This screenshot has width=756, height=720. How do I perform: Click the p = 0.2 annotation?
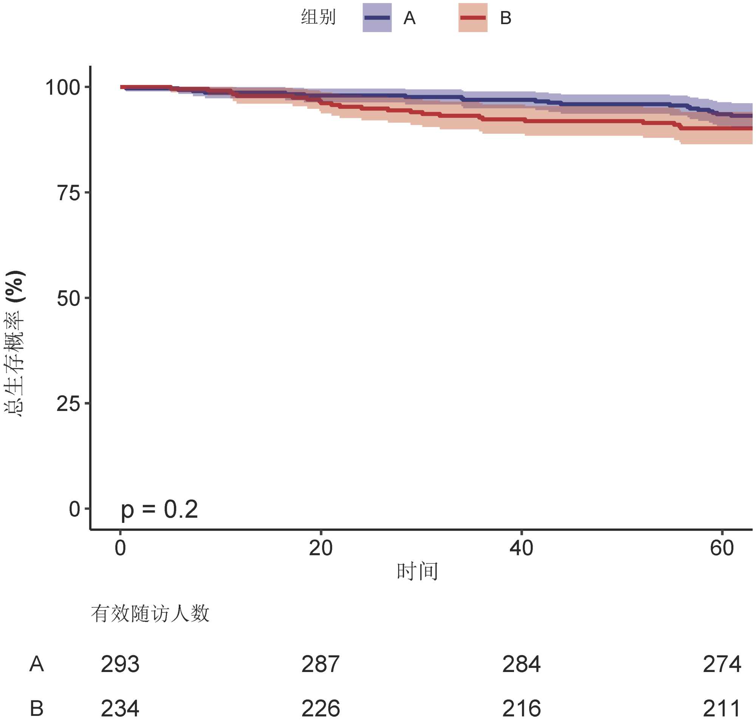(159, 509)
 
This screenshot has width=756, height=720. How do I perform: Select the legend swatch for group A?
(376, 18)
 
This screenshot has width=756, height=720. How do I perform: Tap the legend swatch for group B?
(472, 18)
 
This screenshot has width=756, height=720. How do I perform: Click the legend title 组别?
(318, 17)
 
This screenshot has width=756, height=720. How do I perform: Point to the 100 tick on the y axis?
(63, 88)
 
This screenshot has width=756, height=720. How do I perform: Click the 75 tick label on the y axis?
(68, 193)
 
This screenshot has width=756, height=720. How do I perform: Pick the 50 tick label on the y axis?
(68, 298)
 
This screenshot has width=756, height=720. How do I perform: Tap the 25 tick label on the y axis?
(68, 404)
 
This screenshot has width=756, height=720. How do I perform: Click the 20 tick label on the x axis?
(321, 548)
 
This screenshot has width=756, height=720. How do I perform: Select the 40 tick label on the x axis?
(521, 548)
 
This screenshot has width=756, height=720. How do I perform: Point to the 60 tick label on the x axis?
(722, 548)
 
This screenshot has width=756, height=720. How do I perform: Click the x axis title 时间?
(417, 572)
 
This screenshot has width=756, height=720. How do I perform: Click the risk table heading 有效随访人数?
(150, 613)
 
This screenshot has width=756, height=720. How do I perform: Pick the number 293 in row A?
(120, 664)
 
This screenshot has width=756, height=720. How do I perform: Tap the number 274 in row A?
(722, 664)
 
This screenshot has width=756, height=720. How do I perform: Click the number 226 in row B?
(321, 708)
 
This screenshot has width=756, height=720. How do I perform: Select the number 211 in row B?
(722, 708)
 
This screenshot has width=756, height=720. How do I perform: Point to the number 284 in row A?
(521, 664)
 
